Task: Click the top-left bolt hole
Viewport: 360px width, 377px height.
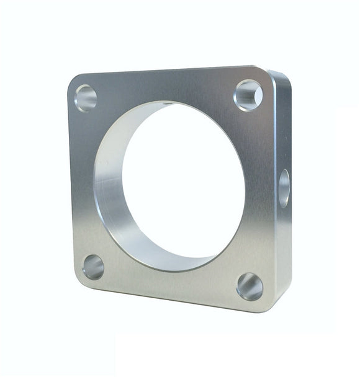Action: (x=86, y=98)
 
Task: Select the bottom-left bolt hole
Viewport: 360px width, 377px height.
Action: (x=93, y=267)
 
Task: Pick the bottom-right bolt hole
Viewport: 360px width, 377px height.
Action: (x=250, y=286)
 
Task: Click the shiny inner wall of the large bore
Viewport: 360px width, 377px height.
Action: (x=109, y=186)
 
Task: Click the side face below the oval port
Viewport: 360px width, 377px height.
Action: (x=283, y=254)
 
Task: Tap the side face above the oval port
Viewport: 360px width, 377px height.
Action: (x=282, y=124)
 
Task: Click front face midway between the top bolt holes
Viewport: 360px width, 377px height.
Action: (x=168, y=87)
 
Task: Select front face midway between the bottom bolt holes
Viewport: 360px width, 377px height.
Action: (x=171, y=282)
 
